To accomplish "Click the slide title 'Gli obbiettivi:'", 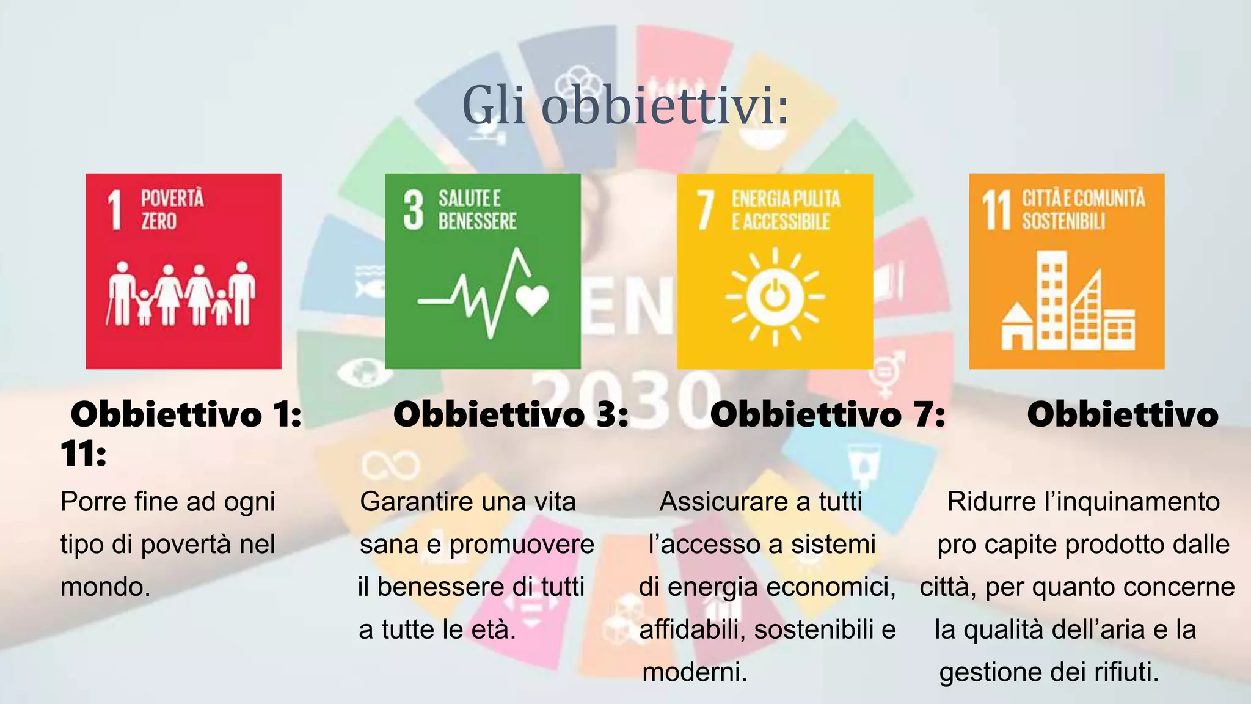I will pos(625,106).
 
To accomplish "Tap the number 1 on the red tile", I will pos(115,210).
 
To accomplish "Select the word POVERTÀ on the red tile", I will pos(172,199).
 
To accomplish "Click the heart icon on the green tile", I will pos(532,299).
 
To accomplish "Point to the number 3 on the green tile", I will pos(414,210).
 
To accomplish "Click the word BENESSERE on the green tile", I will pos(477,221).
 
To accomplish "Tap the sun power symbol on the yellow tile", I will pos(775,298).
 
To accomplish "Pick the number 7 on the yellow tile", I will pos(706,210).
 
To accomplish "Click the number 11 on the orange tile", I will pos(996,210).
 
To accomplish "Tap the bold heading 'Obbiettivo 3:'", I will pos(511,415).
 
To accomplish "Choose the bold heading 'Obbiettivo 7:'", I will pos(828,415).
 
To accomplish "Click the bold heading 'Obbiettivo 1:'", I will pos(186,415).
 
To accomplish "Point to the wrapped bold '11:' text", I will pos(84,454).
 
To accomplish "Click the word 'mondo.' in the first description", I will pos(105,587).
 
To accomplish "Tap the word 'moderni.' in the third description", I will pos(695,672).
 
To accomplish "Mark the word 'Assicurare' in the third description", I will pos(710,502).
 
